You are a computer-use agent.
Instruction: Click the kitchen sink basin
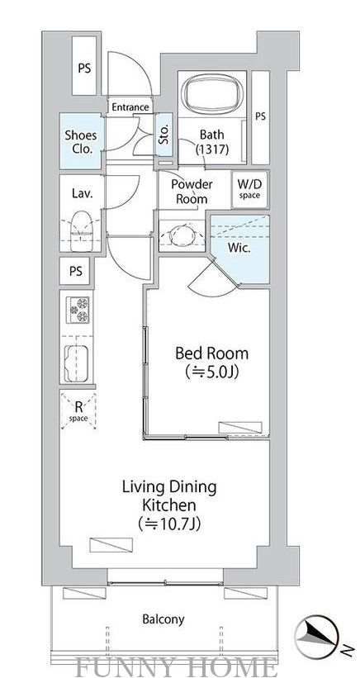click(x=77, y=364)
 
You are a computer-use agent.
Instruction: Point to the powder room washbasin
click(x=182, y=235)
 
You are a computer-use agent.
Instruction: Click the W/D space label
click(x=249, y=188)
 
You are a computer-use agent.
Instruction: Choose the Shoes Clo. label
click(x=81, y=141)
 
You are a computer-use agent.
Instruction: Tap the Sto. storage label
click(x=163, y=135)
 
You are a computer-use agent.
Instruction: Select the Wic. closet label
click(x=239, y=249)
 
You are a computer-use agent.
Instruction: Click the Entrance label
click(x=130, y=107)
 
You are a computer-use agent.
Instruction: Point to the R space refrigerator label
click(x=78, y=411)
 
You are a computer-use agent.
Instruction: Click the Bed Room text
click(x=211, y=353)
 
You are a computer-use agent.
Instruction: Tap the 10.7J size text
click(x=169, y=524)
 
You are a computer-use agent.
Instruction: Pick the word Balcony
click(x=163, y=619)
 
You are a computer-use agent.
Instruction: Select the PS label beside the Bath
click(x=260, y=116)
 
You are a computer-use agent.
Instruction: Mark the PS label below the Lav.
click(x=76, y=271)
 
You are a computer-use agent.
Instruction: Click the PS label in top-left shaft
click(x=84, y=69)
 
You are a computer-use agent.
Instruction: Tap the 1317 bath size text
click(x=211, y=149)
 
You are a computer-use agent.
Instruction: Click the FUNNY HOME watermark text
click(x=177, y=666)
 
